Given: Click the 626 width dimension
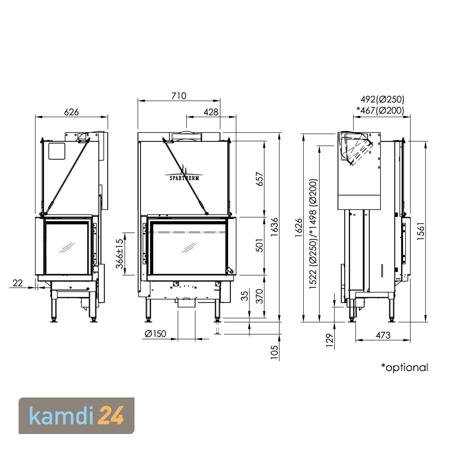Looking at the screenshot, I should coord(71,112).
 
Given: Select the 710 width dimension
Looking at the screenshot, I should coord(179,96).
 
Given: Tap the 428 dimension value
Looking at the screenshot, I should coord(211,112).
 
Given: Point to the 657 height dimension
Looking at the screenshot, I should coord(259,179).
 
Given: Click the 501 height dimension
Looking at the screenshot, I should coord(259,245).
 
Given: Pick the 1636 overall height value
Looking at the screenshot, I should coord(275,227).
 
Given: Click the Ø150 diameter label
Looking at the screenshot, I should coord(155,334).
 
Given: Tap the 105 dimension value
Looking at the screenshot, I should coord(275,352).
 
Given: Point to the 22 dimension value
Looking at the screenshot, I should coord(18,283).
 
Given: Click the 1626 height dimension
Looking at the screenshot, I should coord(299,228).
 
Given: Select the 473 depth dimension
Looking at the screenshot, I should coord(383,335).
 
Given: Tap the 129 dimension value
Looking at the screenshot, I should coord(330,340).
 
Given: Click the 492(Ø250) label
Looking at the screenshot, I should coord(382,99).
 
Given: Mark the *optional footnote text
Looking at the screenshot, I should coord(404,367).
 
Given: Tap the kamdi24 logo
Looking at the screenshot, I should coord(77,416).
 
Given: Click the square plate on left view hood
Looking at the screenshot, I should coord(57,151).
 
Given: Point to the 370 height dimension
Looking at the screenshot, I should coord(259,296).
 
